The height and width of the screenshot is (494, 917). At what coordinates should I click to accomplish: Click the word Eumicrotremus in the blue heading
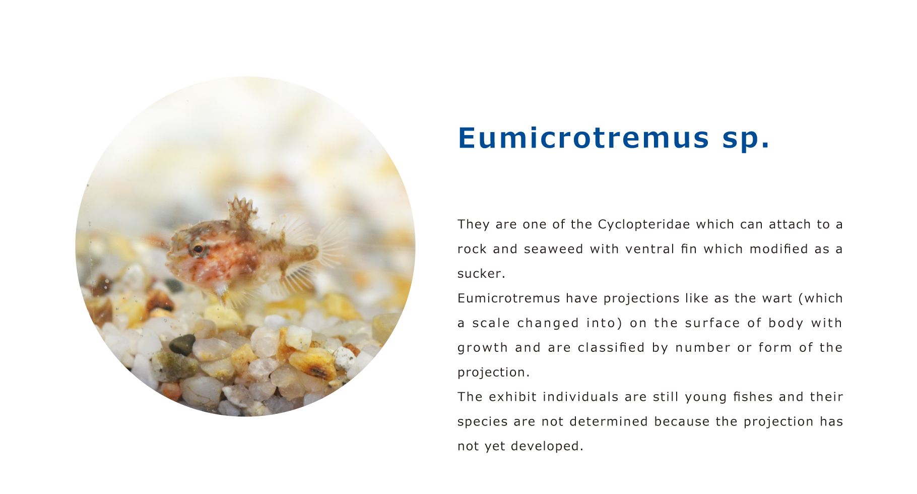click(x=583, y=137)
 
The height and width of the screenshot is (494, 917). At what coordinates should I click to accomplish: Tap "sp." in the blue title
click(x=746, y=140)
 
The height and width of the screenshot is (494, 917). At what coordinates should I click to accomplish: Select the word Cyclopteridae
click(x=644, y=225)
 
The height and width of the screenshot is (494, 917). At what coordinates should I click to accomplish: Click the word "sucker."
click(x=481, y=274)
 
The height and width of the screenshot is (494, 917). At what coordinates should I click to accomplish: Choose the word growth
click(x=483, y=348)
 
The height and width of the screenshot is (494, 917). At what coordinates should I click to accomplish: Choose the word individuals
click(x=581, y=397)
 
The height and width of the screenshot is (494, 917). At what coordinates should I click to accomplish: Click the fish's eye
click(x=198, y=249)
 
